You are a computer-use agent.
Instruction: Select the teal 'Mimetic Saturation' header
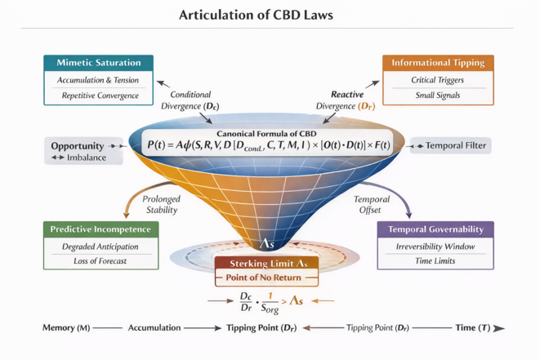99,63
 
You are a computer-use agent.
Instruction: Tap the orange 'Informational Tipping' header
438,63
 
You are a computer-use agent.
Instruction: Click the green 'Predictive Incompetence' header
100,229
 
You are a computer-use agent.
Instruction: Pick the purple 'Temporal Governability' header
435,229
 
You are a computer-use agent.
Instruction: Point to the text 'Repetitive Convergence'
99,96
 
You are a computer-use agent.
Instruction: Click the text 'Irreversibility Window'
435,247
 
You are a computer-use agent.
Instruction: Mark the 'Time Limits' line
435,261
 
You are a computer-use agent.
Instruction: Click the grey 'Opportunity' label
77,146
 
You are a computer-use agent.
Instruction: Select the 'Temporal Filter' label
456,146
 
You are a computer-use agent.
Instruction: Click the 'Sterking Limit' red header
266,264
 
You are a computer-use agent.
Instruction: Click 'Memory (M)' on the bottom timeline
66,327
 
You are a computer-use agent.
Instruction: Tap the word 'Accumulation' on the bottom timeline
154,327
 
